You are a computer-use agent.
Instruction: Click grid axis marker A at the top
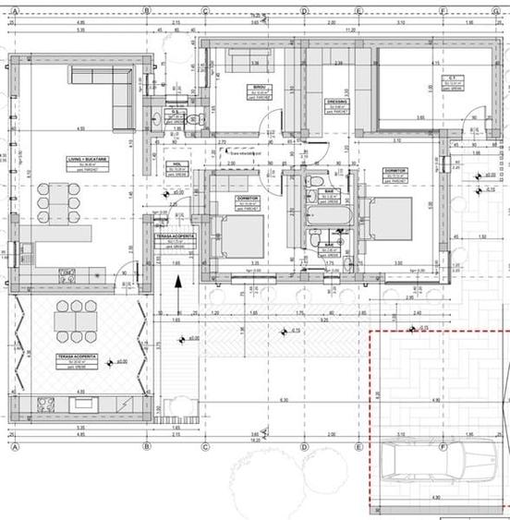click(x=16, y=10)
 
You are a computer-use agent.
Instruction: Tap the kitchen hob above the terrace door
click(x=67, y=272)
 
